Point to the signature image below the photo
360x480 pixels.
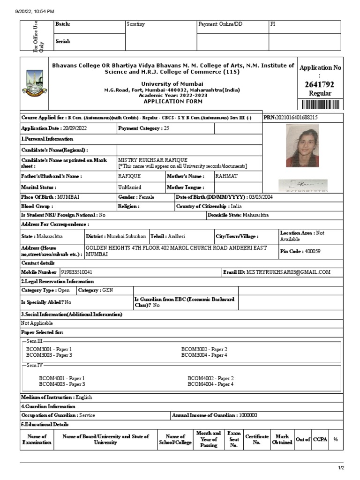click(x=302, y=185)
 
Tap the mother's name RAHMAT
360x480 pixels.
click(x=226, y=176)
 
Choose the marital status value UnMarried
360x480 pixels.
click(x=129, y=187)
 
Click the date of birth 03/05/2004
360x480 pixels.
click(x=261, y=197)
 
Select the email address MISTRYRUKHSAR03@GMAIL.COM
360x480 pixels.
click(x=288, y=272)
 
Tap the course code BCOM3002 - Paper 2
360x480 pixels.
click(x=204, y=349)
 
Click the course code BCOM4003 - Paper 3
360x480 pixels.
click(x=62, y=384)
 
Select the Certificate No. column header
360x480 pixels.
click(x=257, y=439)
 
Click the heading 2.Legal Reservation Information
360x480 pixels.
click(x=57, y=281)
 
